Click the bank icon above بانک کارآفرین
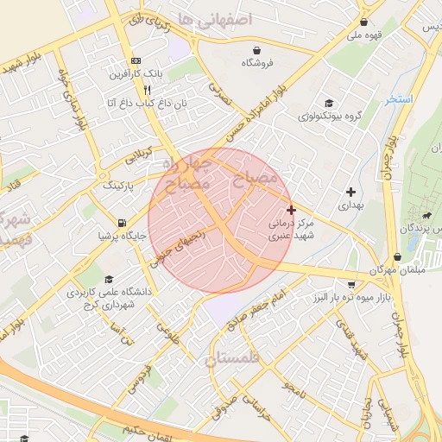tap(136, 61)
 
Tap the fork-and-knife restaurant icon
tap(148, 90)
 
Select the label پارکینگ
tap(120, 185)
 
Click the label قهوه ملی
tap(363, 35)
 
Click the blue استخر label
tap(401, 99)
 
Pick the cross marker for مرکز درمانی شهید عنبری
tap(291, 210)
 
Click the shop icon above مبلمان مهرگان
tap(397, 256)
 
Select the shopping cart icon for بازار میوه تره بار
tap(350, 283)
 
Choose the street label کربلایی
tap(143, 156)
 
